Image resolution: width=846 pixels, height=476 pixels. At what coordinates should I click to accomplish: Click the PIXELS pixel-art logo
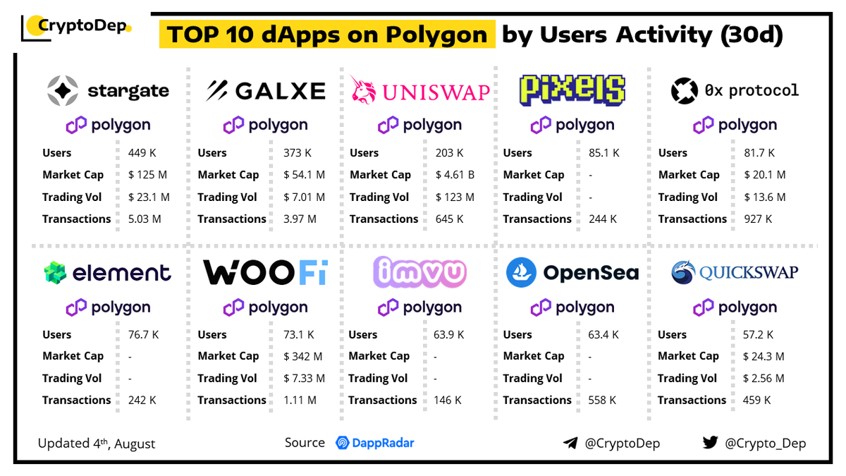(572, 90)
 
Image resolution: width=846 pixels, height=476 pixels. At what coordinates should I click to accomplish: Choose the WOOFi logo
(265, 273)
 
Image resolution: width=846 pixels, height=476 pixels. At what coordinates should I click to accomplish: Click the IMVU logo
(421, 273)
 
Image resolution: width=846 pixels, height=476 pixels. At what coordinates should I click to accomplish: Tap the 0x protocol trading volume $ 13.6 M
(764, 197)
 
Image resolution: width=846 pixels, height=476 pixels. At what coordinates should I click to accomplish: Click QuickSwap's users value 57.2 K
(758, 335)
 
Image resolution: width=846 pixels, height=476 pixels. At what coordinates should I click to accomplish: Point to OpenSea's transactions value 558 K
(602, 401)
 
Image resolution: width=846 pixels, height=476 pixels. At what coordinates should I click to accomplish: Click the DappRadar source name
(384, 443)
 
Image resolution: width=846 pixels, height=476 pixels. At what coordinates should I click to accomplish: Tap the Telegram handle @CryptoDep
(623, 444)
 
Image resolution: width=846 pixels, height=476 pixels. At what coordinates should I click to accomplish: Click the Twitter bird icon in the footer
(710, 443)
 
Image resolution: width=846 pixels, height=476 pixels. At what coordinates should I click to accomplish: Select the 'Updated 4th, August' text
(97, 444)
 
